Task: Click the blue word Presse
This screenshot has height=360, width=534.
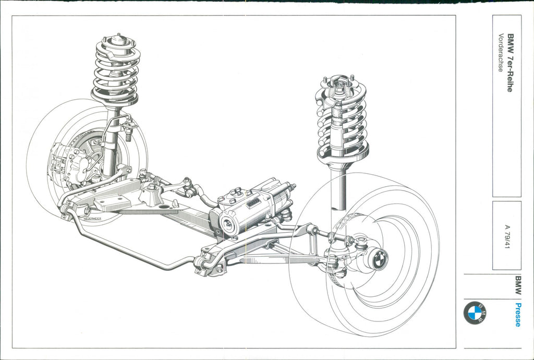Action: point(517,315)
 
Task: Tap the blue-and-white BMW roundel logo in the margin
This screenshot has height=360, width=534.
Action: point(475,313)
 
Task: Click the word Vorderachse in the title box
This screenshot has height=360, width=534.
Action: point(501,53)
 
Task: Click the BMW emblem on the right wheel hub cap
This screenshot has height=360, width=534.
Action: point(379,259)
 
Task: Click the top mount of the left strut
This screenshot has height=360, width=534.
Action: point(119,40)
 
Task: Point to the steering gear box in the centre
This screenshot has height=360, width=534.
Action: point(245,211)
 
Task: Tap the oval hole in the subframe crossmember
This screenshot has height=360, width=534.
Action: point(165,207)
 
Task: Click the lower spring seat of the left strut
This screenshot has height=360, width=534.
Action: point(115,99)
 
